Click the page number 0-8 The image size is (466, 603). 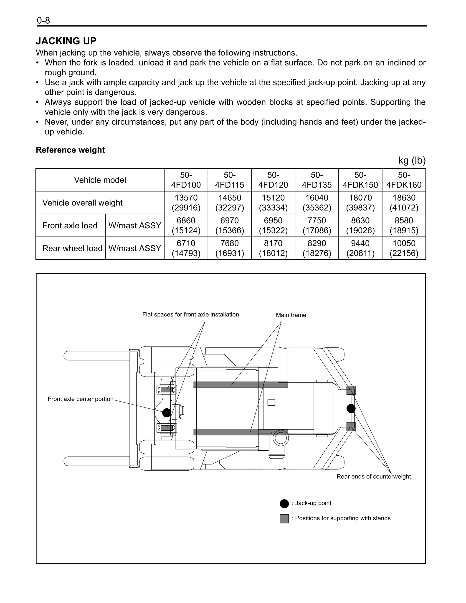pyautogui.click(x=43, y=20)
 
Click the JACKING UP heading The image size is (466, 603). pyautogui.click(x=66, y=41)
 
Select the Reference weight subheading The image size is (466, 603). pyautogui.click(x=70, y=150)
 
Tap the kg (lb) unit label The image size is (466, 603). pyautogui.click(x=412, y=161)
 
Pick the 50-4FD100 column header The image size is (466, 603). pyautogui.click(x=186, y=180)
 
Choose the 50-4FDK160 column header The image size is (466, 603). pyautogui.click(x=404, y=180)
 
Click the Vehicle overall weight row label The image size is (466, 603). pyautogui.click(x=82, y=203)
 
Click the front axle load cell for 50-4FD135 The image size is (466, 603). pyautogui.click(x=317, y=225)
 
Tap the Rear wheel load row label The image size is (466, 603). pyautogui.click(x=72, y=248)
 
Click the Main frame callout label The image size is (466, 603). pyautogui.click(x=291, y=315)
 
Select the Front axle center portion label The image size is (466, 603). pyautogui.click(x=80, y=399)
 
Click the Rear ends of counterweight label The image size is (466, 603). pyautogui.click(x=373, y=477)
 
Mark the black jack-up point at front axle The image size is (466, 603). pyautogui.click(x=167, y=413)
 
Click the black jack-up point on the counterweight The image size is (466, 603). pyautogui.click(x=351, y=408)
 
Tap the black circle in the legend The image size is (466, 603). pyautogui.click(x=284, y=504)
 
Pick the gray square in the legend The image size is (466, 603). pyautogui.click(x=284, y=519)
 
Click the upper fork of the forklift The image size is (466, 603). pyautogui.click(x=97, y=356)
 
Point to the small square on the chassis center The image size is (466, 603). pyautogui.click(x=271, y=402)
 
